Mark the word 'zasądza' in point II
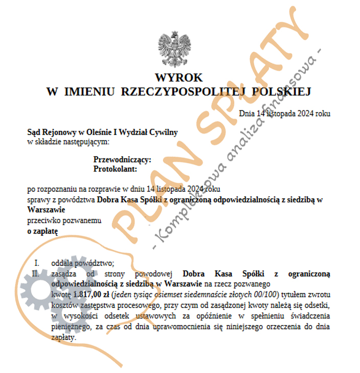pos(63,273)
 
